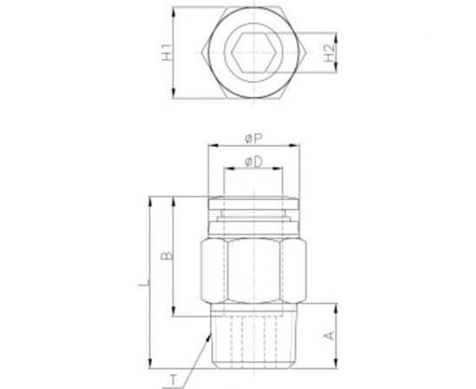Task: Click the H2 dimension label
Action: point(329,53)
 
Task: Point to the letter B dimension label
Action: point(168,256)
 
